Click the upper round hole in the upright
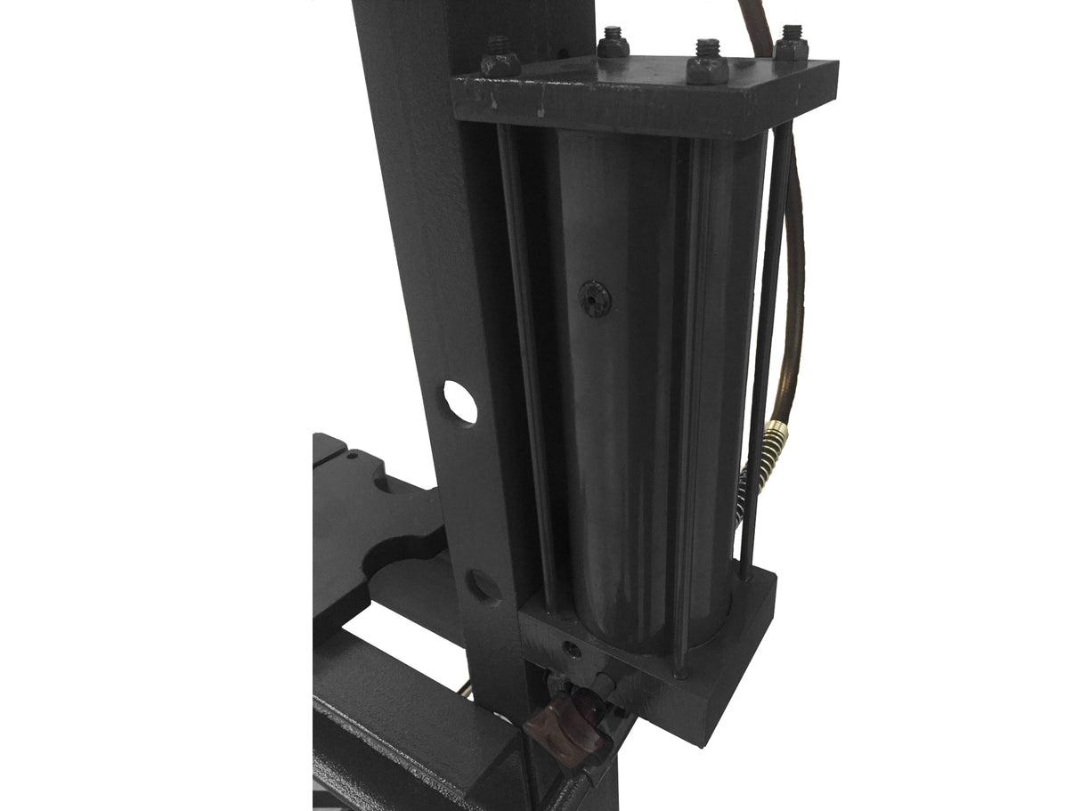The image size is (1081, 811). tap(459, 402)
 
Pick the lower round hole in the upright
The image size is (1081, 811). tap(483, 586)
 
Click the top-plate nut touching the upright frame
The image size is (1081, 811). tap(500, 62)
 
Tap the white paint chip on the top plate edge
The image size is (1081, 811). tap(540, 114)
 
